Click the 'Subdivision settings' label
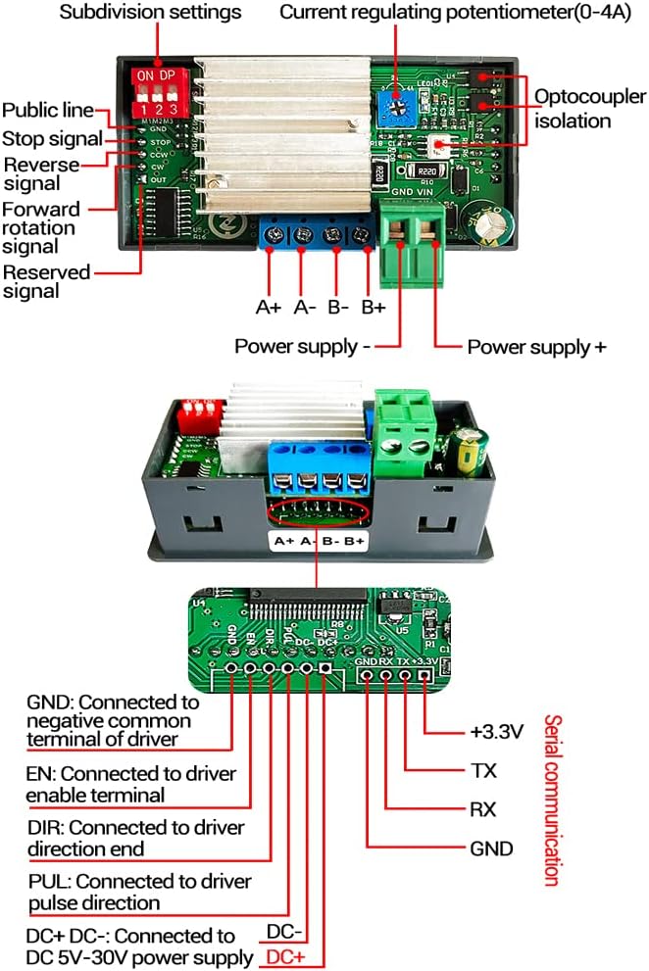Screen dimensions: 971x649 coord(150,13)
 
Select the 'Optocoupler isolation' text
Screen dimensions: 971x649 coord(589,108)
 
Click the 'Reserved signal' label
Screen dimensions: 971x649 coord(46,281)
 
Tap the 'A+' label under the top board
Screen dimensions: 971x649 coord(269,307)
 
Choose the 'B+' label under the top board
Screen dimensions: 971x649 coord(373,307)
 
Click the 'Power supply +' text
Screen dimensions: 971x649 coord(536,347)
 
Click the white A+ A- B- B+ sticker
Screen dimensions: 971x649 coord(320,541)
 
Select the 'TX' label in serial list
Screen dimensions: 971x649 coord(483,771)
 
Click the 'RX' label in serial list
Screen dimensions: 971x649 coord(483,810)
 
